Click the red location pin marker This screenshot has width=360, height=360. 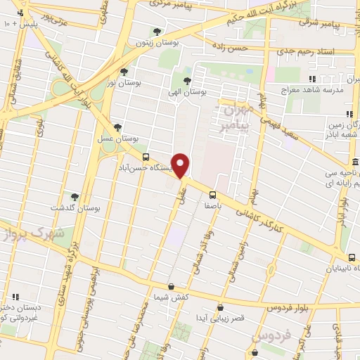[x=181, y=165]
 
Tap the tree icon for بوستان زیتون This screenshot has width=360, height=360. [x=156, y=32]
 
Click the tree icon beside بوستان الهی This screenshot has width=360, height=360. [x=187, y=79]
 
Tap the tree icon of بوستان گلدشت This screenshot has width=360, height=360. [x=75, y=197]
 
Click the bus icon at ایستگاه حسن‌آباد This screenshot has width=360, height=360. [x=146, y=157]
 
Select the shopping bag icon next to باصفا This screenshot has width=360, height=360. [x=210, y=194]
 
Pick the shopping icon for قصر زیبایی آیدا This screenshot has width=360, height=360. [x=221, y=307]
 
